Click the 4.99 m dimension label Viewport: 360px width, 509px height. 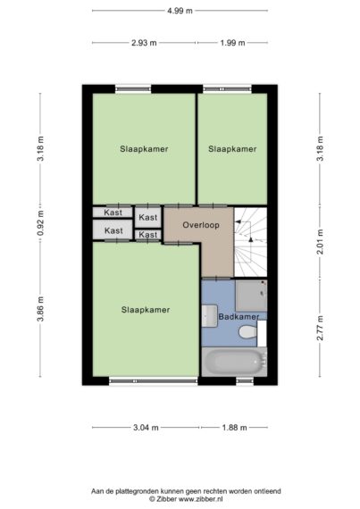pyautogui.click(x=180, y=11)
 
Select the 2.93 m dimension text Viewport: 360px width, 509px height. pyautogui.click(x=144, y=43)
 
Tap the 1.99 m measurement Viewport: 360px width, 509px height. pyautogui.click(x=232, y=43)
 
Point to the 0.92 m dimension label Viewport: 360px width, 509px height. pyautogui.click(x=40, y=223)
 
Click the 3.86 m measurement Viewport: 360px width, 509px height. pyautogui.click(x=40, y=309)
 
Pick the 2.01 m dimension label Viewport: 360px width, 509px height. pyautogui.click(x=320, y=242)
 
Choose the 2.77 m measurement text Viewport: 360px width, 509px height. pyautogui.click(x=320, y=328)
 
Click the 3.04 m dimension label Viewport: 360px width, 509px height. pyautogui.click(x=146, y=428)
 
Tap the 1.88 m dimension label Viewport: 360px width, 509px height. pyautogui.click(x=234, y=428)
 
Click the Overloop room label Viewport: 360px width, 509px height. pyautogui.click(x=201, y=225)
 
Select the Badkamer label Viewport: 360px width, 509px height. pyautogui.click(x=239, y=316)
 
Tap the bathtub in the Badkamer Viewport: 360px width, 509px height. pyautogui.click(x=234, y=362)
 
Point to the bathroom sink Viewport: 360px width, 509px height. pyautogui.click(x=209, y=315)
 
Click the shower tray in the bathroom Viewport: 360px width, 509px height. pyautogui.click(x=251, y=296)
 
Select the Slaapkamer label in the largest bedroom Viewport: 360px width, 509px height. pyautogui.click(x=146, y=310)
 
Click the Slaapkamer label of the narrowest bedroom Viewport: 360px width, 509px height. pyautogui.click(x=232, y=149)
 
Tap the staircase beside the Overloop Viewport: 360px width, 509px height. pyautogui.click(x=251, y=242)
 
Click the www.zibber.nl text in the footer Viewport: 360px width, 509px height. pyautogui.click(x=201, y=499)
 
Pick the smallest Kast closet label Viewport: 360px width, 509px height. pyautogui.click(x=148, y=234)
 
